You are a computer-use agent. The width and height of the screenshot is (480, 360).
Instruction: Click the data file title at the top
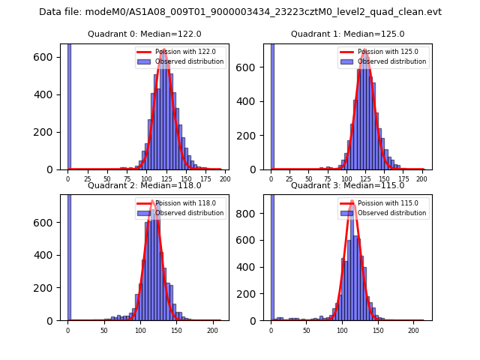coord(240,12)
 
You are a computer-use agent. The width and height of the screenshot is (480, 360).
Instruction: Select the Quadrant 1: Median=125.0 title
coord(347,34)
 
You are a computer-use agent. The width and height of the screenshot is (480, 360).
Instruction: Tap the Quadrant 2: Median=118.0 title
coord(144,185)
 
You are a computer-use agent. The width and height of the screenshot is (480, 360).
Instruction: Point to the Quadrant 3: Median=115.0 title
coord(347,185)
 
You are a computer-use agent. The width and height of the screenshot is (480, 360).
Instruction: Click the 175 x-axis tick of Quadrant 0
coord(205,179)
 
